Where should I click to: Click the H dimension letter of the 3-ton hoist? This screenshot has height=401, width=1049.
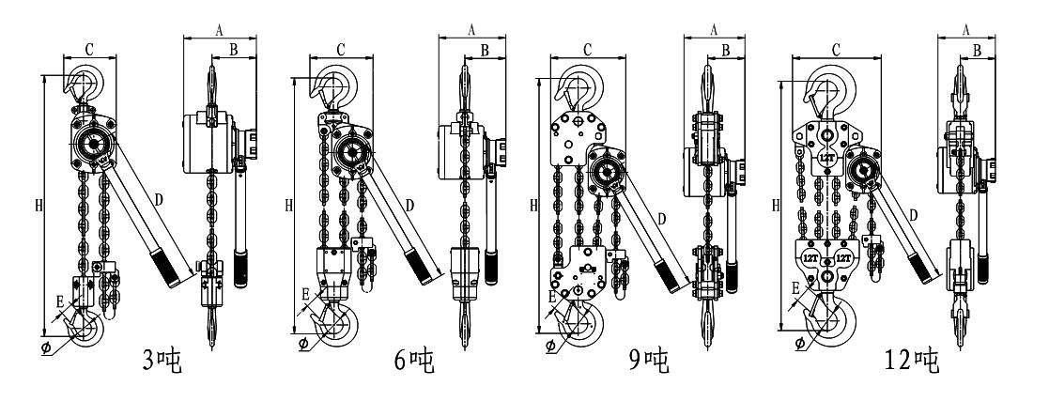pyautogui.click(x=38, y=204)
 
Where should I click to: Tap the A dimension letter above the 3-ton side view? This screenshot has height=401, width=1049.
pyautogui.click(x=219, y=29)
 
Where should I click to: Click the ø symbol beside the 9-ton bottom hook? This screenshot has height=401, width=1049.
pyautogui.click(x=549, y=345)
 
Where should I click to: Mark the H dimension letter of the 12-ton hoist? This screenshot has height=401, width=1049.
pyautogui.click(x=775, y=204)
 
